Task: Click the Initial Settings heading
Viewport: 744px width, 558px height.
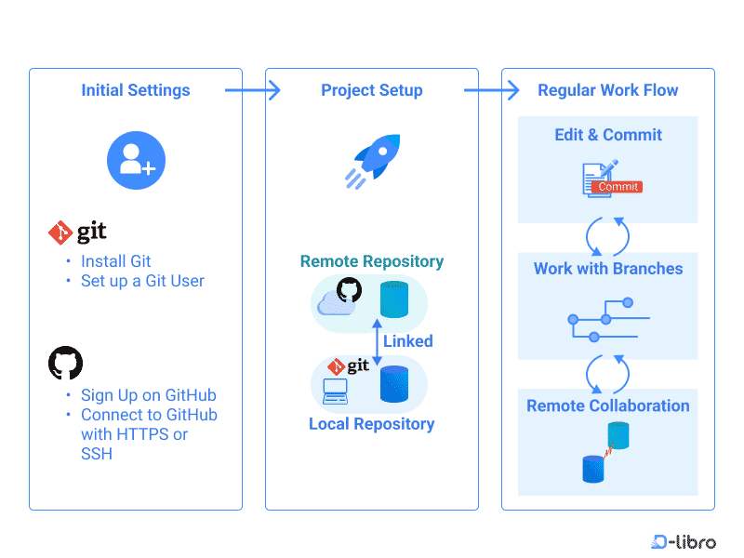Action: tap(136, 90)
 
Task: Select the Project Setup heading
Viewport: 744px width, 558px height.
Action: tap(372, 90)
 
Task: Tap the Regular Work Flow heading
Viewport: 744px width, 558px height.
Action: tap(608, 90)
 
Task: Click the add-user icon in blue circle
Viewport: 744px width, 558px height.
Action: tap(136, 160)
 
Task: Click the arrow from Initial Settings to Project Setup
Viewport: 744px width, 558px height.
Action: tap(252, 90)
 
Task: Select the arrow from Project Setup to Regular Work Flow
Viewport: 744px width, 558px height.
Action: tap(490, 90)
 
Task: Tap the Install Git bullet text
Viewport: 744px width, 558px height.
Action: tap(115, 261)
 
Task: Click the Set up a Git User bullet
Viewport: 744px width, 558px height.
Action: tap(142, 281)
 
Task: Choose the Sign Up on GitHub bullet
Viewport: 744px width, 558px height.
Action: tap(148, 395)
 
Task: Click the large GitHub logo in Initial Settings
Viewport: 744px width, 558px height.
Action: tap(65, 363)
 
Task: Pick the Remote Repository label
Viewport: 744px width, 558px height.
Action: tap(372, 261)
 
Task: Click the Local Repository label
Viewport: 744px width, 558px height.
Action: tap(372, 424)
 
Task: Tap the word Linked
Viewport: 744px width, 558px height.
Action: tap(407, 341)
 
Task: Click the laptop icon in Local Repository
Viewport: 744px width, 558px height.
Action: tap(334, 392)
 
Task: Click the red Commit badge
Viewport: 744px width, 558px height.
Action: tap(618, 187)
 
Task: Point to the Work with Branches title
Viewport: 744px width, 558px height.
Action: tap(608, 269)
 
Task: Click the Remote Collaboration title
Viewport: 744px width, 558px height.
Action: tap(608, 405)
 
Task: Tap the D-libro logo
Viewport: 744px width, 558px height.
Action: tap(684, 541)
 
